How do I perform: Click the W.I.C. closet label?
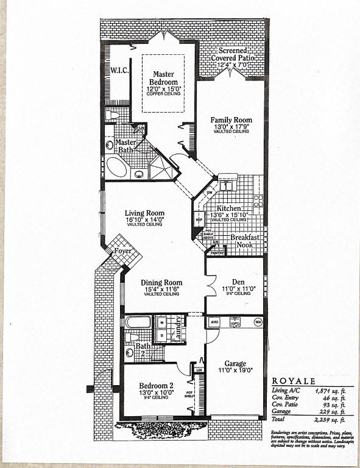click(119, 70)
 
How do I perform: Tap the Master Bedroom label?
click(164, 78)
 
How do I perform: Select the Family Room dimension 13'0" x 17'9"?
click(231, 127)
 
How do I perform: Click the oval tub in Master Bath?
click(117, 166)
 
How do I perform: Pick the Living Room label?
click(144, 213)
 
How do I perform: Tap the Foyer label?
click(123, 250)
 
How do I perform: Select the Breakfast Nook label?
click(245, 241)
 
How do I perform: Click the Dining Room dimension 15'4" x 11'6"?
click(161, 289)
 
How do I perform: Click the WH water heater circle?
click(258, 321)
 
